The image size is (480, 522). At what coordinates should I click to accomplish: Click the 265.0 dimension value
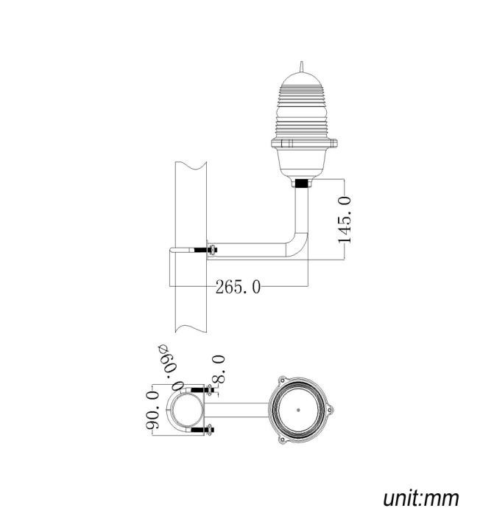click(x=237, y=286)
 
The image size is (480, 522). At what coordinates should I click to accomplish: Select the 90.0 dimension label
click(x=152, y=410)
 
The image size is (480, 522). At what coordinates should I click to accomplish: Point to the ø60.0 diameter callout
click(x=170, y=367)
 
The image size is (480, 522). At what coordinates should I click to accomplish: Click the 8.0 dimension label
click(x=218, y=368)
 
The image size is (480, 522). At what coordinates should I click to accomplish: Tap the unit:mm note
click(x=420, y=498)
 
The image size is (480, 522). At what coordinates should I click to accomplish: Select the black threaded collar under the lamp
click(x=301, y=182)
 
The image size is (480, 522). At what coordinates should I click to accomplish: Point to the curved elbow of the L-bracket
click(x=298, y=248)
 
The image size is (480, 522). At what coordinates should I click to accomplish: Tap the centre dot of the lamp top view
click(x=297, y=410)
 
